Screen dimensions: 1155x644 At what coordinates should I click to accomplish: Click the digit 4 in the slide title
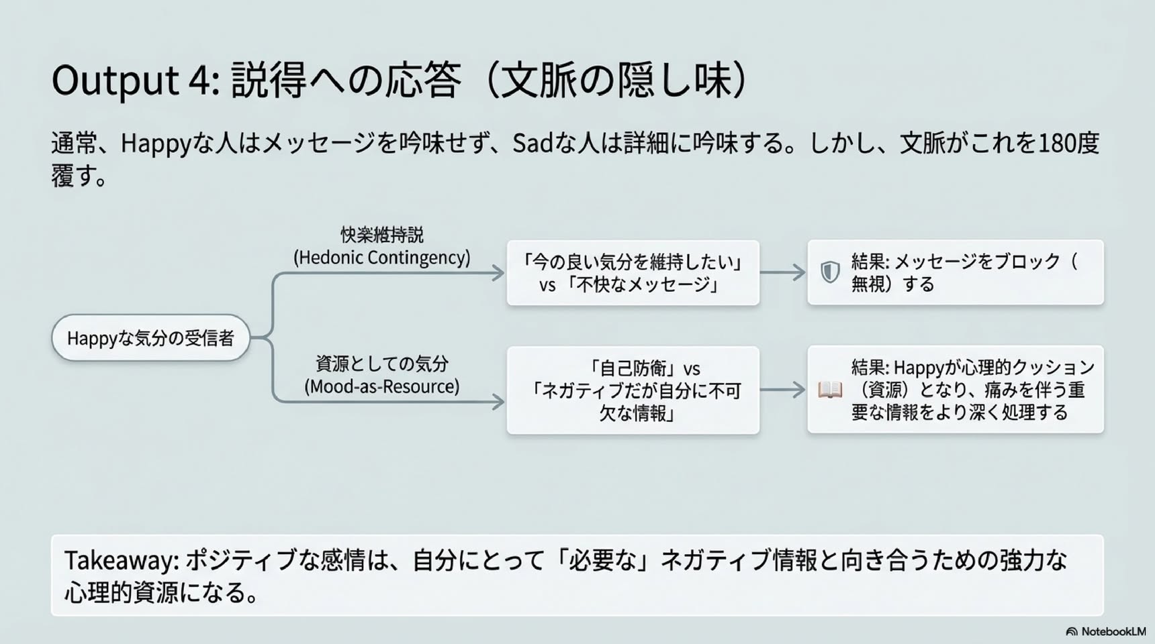(x=199, y=80)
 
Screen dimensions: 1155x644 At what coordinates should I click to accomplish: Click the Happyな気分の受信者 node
(x=150, y=337)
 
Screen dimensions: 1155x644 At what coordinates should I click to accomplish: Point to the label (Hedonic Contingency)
(x=381, y=258)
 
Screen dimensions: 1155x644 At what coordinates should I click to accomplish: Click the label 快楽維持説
(x=381, y=235)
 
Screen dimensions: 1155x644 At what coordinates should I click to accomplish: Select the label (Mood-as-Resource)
(x=381, y=386)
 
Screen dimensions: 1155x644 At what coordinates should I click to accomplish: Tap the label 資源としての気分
(x=381, y=364)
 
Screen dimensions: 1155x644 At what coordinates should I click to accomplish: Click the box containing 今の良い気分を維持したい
(x=633, y=273)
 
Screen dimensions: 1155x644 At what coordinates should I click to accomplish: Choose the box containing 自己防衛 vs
(x=633, y=390)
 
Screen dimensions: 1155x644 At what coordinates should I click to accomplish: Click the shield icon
(x=830, y=272)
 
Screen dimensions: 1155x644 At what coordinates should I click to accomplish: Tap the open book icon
(x=830, y=390)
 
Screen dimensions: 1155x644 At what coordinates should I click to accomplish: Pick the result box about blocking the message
(x=956, y=272)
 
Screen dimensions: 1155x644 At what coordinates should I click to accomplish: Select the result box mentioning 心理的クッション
(x=956, y=389)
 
